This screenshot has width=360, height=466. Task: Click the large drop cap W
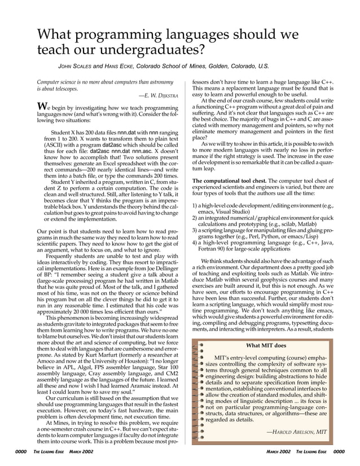click(42, 107)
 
